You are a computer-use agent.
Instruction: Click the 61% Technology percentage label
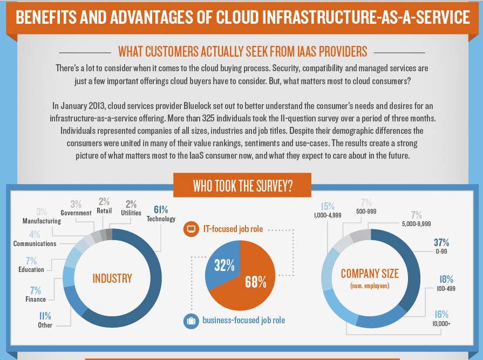(x=161, y=209)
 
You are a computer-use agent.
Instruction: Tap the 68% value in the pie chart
(x=256, y=282)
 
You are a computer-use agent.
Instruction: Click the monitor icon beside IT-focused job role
(x=190, y=229)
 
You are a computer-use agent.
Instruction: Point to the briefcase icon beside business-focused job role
(x=190, y=321)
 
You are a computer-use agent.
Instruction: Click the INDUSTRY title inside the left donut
(x=112, y=279)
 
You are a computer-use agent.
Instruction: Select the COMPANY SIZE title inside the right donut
(x=370, y=274)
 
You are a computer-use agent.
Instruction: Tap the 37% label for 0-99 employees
(x=441, y=243)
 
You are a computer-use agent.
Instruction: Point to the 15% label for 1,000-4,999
(x=328, y=206)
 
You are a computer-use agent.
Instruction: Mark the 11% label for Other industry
(x=45, y=316)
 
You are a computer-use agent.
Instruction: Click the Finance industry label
(x=35, y=299)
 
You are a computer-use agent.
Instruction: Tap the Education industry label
(x=31, y=269)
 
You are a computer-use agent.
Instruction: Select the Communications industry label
(x=35, y=243)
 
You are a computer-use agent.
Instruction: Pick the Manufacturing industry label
(x=42, y=221)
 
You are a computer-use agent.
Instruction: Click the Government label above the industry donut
(x=76, y=213)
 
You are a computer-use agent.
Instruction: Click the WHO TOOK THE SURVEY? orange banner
(x=242, y=186)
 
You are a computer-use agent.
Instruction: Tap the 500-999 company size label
(x=366, y=212)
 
